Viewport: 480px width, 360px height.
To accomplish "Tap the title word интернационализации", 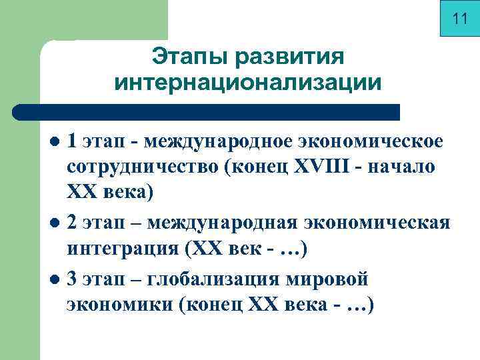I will click(x=248, y=83).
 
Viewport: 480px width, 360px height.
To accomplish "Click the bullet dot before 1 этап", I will click(x=57, y=142).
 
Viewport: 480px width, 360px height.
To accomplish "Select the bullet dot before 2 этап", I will click(x=57, y=222).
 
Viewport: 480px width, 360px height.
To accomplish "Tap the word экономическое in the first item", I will click(x=369, y=141).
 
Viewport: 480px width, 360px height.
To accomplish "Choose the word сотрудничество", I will click(x=142, y=167).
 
